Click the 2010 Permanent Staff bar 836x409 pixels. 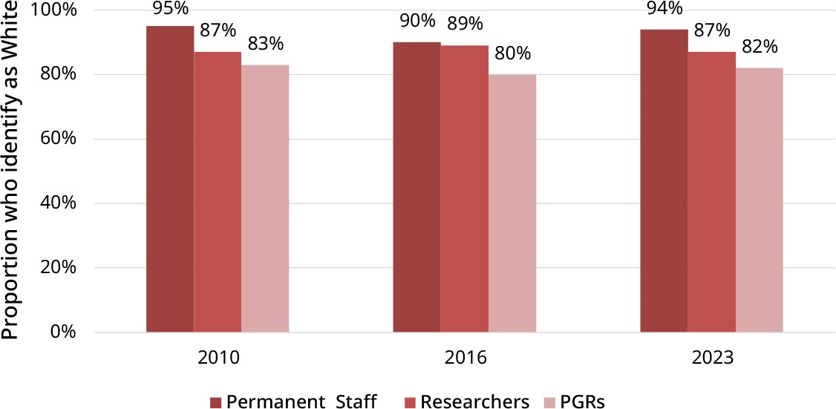click(x=170, y=179)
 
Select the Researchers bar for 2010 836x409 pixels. click(x=218, y=192)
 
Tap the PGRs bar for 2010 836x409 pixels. click(x=265, y=198)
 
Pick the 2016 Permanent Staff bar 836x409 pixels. click(x=417, y=187)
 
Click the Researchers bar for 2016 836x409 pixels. click(x=464, y=189)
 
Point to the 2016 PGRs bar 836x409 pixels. click(x=512, y=203)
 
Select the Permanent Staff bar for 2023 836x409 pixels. click(x=664, y=180)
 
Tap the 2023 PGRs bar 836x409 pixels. click(x=759, y=200)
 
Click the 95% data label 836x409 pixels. click(x=170, y=10)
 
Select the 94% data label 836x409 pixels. click(x=664, y=9)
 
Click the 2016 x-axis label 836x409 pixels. click(x=465, y=358)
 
